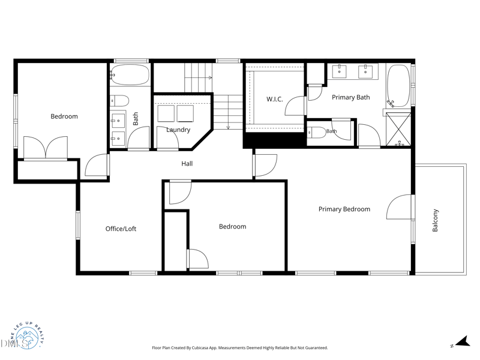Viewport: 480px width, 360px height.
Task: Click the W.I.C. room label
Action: click(275, 99)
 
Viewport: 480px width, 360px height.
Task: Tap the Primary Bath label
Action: click(351, 97)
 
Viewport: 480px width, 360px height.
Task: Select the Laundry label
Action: click(178, 130)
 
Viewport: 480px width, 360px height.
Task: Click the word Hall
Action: click(187, 163)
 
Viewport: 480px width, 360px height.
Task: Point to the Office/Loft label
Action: click(121, 229)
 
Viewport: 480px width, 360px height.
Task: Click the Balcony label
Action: click(435, 220)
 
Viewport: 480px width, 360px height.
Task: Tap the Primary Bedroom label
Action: click(344, 209)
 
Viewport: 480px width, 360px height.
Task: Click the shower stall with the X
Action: click(398, 129)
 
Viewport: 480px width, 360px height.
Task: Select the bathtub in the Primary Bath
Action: click(398, 86)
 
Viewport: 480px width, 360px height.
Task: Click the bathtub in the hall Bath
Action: click(130, 74)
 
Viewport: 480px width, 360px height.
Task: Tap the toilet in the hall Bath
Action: click(119, 100)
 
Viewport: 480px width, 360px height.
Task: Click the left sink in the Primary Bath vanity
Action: click(339, 71)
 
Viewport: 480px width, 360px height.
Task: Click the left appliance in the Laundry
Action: click(166, 113)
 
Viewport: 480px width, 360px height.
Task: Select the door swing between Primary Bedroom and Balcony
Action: click(399, 207)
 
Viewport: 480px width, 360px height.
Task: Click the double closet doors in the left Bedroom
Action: click(46, 148)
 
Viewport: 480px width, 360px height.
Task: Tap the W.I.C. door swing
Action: click(295, 106)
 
